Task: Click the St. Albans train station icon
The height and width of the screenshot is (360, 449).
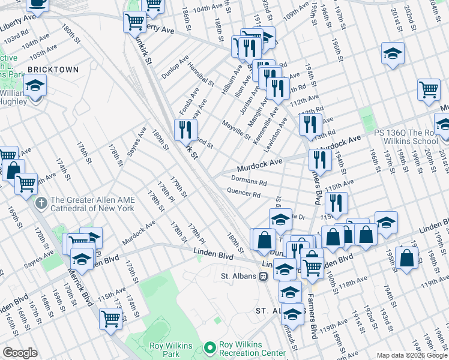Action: (263, 277)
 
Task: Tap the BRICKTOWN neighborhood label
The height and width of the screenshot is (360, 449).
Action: (53, 70)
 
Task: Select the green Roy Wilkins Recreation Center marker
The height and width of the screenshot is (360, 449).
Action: (209, 347)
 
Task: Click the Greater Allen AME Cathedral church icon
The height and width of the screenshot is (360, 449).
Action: (41, 203)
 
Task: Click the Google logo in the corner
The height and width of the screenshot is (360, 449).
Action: (20, 352)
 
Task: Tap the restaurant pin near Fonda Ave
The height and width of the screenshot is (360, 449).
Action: (185, 130)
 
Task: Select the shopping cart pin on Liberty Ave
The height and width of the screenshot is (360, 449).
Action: (134, 22)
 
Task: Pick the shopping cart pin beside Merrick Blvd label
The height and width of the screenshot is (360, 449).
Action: (110, 319)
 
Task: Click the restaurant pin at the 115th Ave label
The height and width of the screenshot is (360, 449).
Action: (336, 203)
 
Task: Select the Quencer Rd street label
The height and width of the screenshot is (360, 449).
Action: (244, 194)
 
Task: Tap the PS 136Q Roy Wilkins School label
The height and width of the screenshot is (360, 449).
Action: (406, 137)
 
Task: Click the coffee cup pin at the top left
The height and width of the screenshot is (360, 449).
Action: (38, 4)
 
